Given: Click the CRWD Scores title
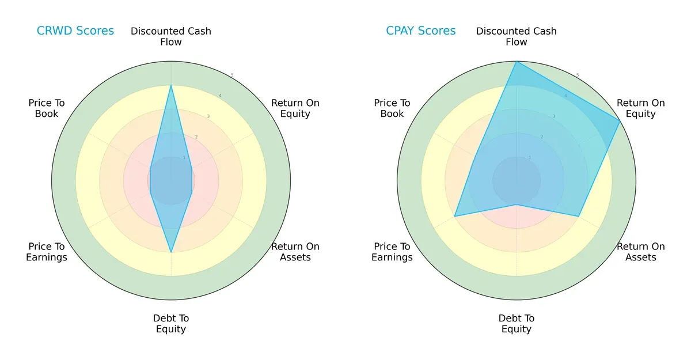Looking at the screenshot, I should [x=75, y=31].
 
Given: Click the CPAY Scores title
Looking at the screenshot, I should [x=421, y=31].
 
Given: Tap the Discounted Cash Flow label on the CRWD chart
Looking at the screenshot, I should [x=171, y=36].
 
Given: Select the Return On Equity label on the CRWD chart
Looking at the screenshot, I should [x=295, y=108].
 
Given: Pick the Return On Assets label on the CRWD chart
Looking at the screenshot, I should [x=295, y=252].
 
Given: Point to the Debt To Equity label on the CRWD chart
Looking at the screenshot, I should [x=171, y=324].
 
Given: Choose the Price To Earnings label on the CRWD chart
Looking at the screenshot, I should [x=47, y=252].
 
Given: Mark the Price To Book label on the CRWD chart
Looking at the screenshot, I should [x=47, y=108].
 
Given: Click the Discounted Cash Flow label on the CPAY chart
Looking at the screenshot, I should [x=517, y=36].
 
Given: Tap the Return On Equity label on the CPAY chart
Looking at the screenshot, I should [x=641, y=108].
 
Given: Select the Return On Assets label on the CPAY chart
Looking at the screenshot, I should [x=641, y=252].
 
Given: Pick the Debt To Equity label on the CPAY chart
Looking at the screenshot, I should [x=517, y=324].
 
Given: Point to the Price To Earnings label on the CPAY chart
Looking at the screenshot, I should [x=392, y=252].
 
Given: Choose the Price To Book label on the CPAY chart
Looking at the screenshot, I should [x=392, y=108].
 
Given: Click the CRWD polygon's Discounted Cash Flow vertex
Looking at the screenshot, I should [x=171, y=86].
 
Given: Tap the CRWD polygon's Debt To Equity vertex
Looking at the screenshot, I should [x=171, y=252].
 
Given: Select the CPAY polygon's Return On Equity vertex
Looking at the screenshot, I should [x=620, y=121].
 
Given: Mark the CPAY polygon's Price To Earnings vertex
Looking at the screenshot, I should [x=455, y=217].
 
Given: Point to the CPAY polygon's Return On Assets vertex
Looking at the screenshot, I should [x=578, y=217].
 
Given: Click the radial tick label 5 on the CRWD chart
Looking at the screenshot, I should [x=232, y=75].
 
